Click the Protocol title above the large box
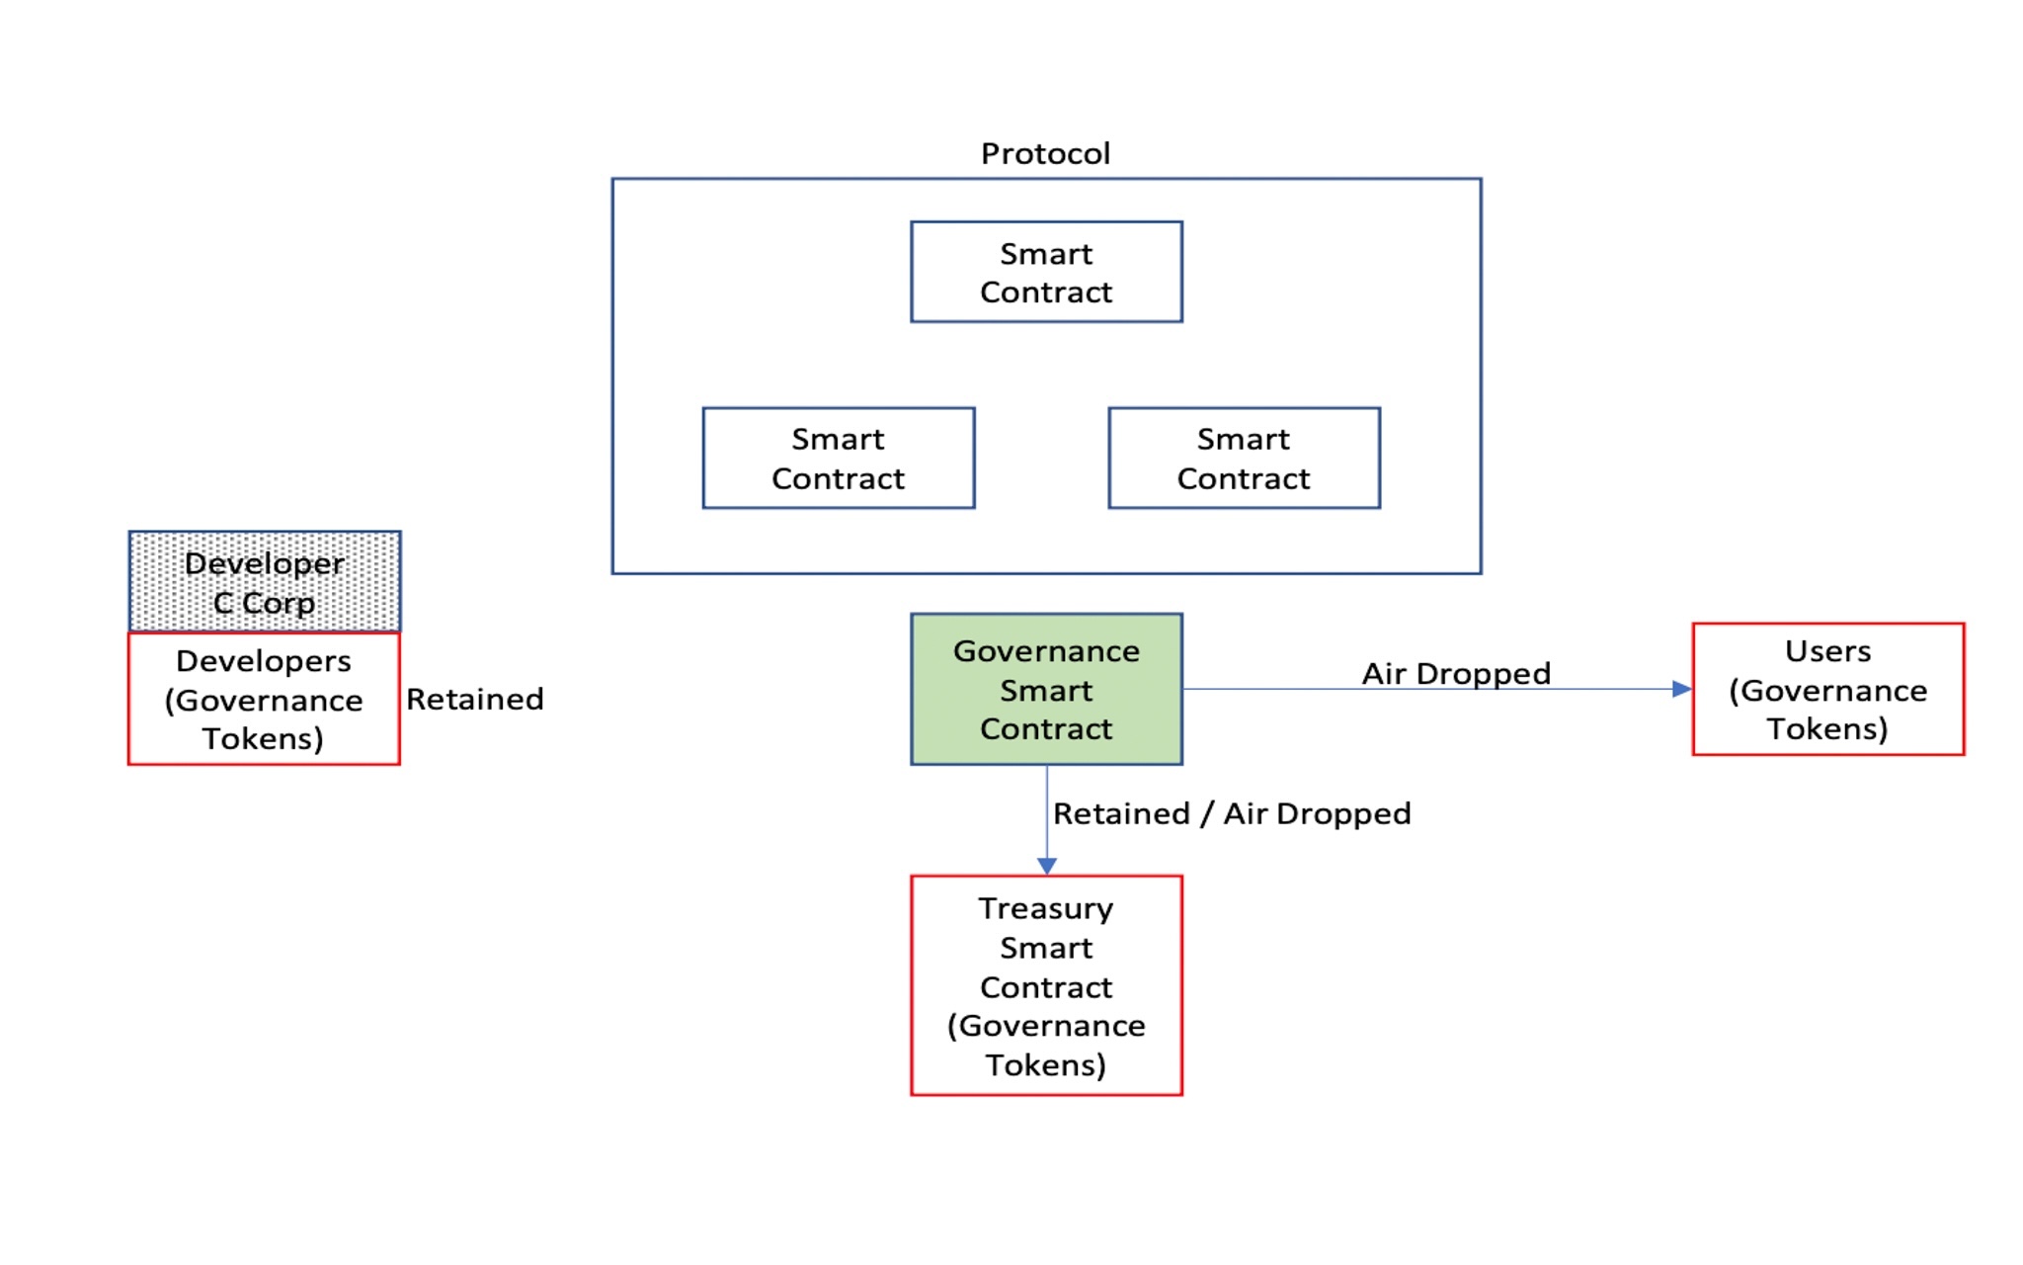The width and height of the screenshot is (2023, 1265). pyautogui.click(x=1045, y=153)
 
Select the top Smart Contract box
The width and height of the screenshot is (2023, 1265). pyautogui.click(x=1046, y=272)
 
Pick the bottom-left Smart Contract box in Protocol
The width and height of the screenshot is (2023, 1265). pyautogui.click(x=838, y=458)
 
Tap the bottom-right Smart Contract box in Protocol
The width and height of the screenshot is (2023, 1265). pyautogui.click(x=1244, y=458)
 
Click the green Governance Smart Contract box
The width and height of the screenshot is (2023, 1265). pyautogui.click(x=1046, y=689)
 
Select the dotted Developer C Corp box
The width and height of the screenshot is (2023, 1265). pyautogui.click(x=264, y=581)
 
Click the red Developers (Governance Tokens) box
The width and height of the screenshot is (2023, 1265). pyautogui.click(x=264, y=699)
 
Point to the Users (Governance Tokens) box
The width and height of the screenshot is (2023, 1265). pyautogui.click(x=1827, y=689)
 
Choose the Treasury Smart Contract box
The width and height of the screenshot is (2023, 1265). pyautogui.click(x=1046, y=985)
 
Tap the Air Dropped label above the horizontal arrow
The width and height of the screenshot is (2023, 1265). pyautogui.click(x=1456, y=673)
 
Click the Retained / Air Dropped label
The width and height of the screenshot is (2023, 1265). pyautogui.click(x=1232, y=813)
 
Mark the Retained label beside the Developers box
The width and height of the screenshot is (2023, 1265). pyautogui.click(x=475, y=699)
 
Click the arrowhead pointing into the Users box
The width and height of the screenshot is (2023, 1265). pyautogui.click(x=1682, y=689)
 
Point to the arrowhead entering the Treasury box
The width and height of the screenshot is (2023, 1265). pyautogui.click(x=1047, y=866)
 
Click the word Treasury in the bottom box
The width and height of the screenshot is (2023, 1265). pyautogui.click(x=1046, y=908)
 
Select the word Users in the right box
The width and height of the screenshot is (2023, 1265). pyautogui.click(x=1827, y=651)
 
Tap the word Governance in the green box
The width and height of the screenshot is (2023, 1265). pyautogui.click(x=1046, y=651)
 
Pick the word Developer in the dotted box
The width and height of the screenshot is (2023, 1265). pyautogui.click(x=264, y=563)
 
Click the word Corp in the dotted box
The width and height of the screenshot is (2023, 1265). pyautogui.click(x=279, y=603)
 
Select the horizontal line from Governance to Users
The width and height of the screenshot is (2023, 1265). pyautogui.click(x=1284, y=689)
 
